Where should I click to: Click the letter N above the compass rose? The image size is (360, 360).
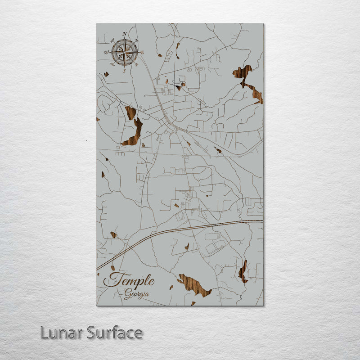point(124,34)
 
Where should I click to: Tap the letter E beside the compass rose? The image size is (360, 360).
point(142,53)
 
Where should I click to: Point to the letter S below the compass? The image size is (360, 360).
point(124,71)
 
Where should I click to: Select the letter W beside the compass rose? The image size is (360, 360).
point(107,53)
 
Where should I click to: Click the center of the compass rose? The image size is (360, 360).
point(125,52)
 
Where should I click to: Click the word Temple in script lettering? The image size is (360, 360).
point(129,281)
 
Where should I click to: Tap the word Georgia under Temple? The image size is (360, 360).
point(137,295)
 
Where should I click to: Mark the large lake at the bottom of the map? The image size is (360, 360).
point(194,285)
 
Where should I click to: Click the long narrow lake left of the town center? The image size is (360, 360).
point(133,133)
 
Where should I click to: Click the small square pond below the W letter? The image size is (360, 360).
point(106,74)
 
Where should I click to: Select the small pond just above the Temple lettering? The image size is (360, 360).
point(112,268)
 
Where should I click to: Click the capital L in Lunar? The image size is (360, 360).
point(44,333)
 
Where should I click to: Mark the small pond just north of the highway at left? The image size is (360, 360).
point(113,235)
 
